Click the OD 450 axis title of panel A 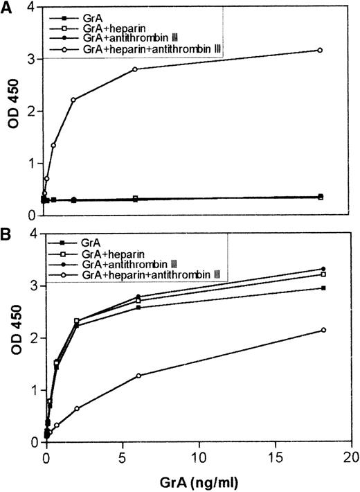pyautogui.click(x=12, y=110)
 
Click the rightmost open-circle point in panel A pyautogui.click(x=320, y=50)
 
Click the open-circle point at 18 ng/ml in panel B pyautogui.click(x=320, y=330)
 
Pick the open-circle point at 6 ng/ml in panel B pyautogui.click(x=138, y=376)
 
